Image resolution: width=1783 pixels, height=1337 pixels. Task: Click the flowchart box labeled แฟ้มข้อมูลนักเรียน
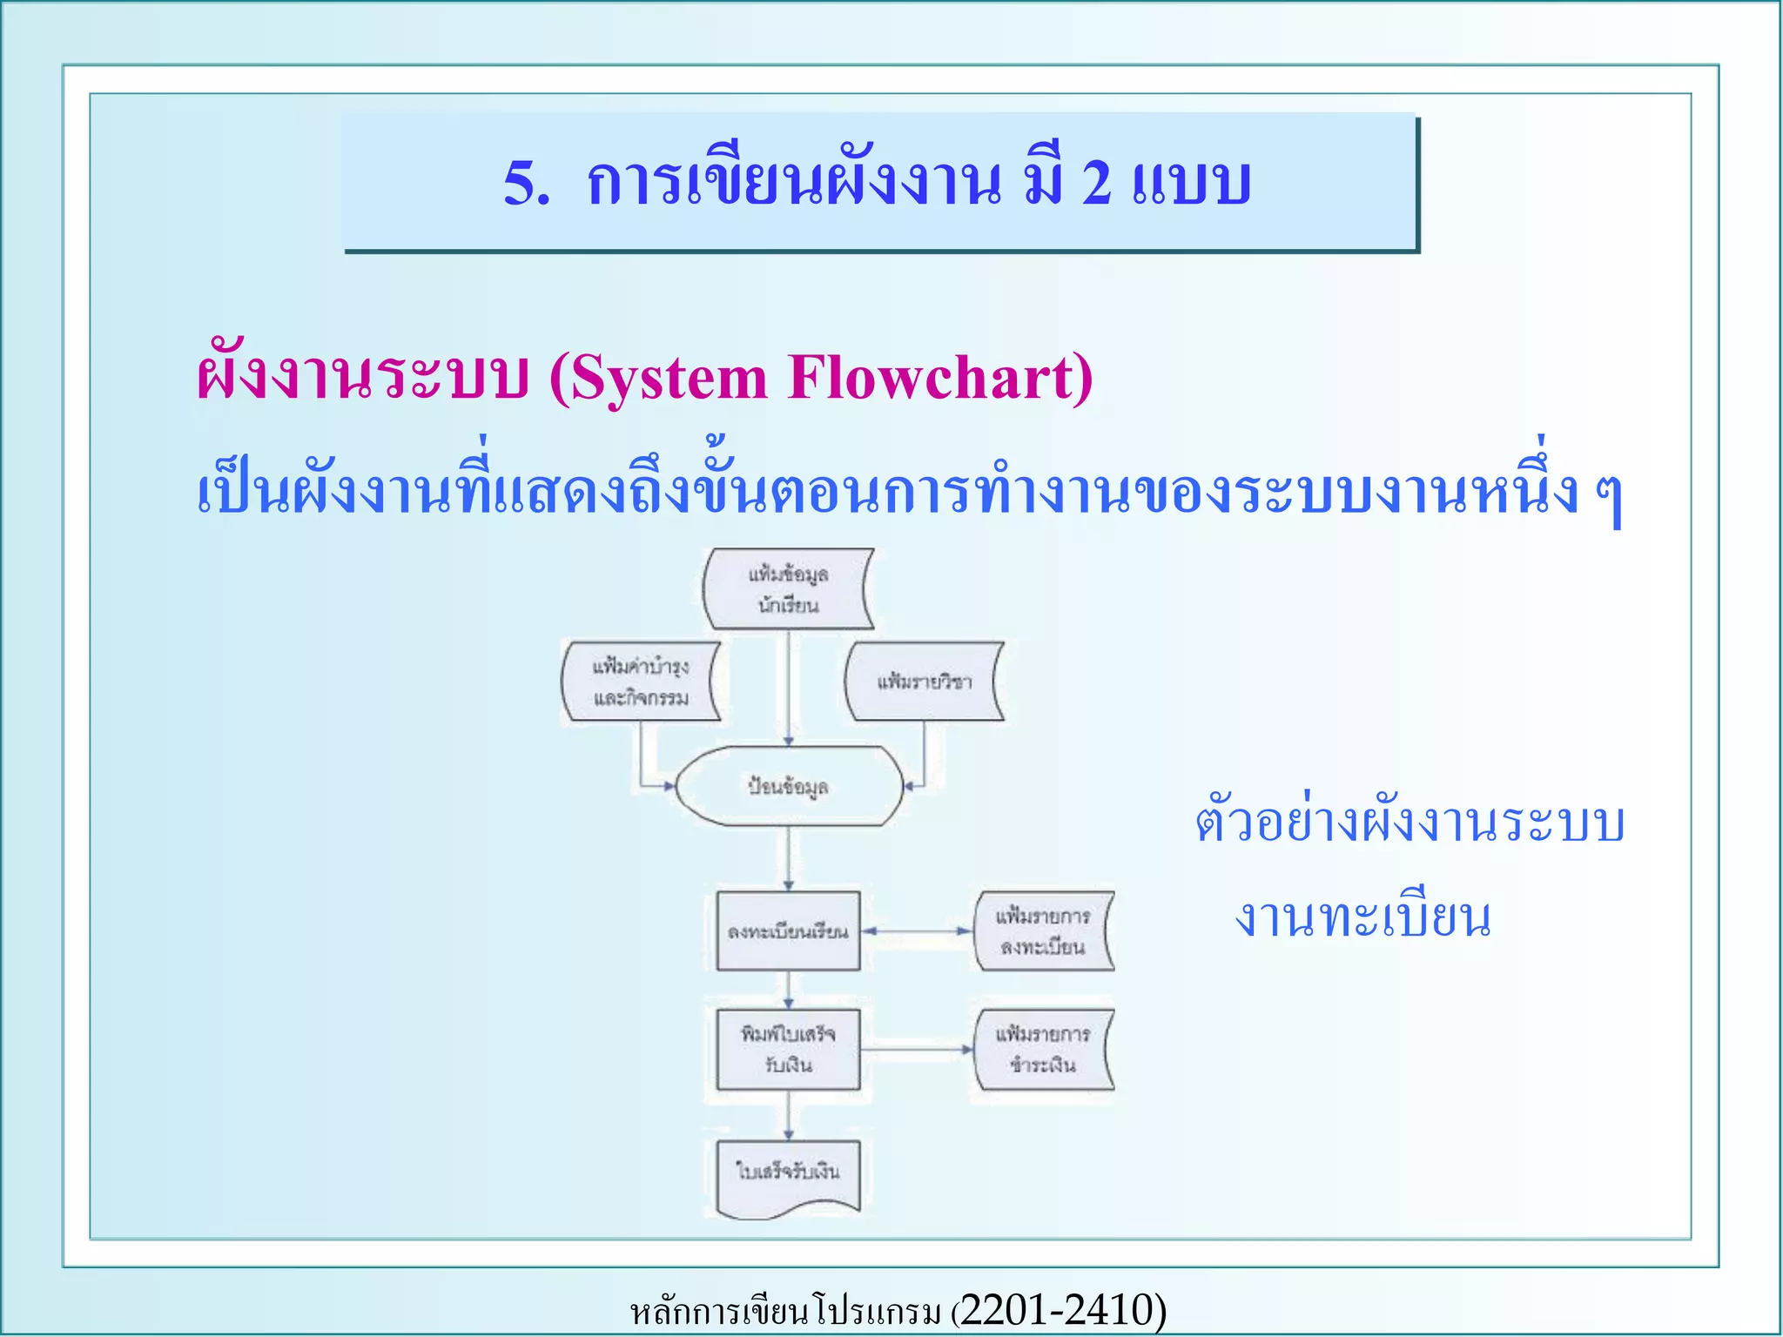[788, 589]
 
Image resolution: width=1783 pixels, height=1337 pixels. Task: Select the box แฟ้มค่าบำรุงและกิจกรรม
[641, 682]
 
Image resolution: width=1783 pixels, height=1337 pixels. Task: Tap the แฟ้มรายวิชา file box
[924, 682]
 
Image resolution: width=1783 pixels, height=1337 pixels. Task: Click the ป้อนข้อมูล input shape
[788, 786]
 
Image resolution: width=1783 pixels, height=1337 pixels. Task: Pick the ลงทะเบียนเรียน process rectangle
[788, 931]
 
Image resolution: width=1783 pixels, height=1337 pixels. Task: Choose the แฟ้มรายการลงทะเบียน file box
[1043, 931]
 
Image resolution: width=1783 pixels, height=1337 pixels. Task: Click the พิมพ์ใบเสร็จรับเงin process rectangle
[788, 1049]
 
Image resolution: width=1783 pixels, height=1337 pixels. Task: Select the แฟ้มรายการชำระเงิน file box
[1043, 1049]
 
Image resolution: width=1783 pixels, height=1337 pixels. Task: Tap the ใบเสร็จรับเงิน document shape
[788, 1175]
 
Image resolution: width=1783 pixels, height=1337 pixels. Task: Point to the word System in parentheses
[667, 379]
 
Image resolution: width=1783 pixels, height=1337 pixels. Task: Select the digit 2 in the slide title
[1096, 184]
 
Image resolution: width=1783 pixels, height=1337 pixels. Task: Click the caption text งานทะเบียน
[1362, 918]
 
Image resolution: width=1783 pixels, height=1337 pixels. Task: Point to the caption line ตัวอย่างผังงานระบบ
[1409, 823]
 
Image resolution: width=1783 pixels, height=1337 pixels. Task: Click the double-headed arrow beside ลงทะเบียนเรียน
[917, 931]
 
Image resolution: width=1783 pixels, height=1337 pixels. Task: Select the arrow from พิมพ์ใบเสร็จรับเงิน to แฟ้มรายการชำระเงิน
[917, 1049]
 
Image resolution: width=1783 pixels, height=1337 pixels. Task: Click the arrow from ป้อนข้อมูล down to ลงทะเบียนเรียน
[788, 857]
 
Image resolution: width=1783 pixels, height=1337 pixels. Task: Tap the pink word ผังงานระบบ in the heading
[362, 379]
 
